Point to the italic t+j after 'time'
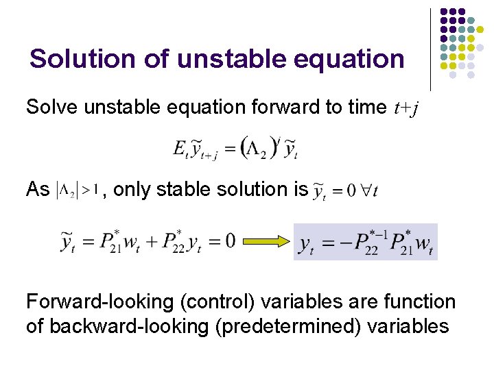pos(410,107)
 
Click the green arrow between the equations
pos(265,242)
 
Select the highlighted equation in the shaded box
pos(365,242)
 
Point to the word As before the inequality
pos(38,189)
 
